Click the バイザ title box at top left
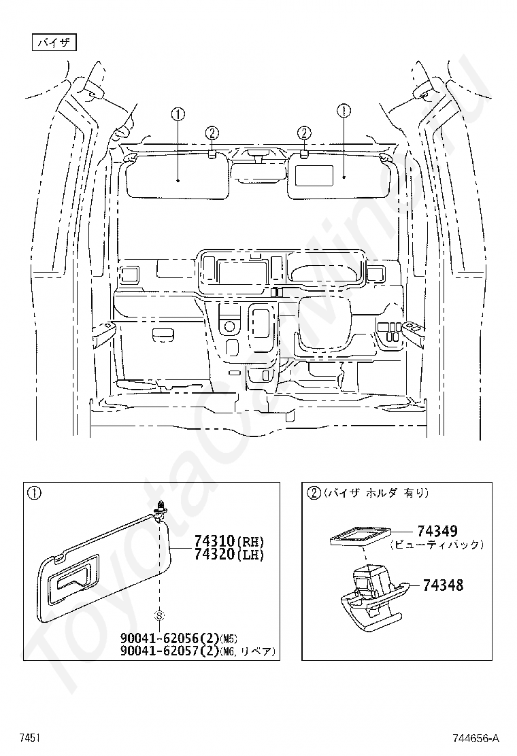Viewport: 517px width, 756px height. tap(54, 42)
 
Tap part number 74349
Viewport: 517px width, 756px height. tap(437, 532)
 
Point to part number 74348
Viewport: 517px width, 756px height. tap(443, 585)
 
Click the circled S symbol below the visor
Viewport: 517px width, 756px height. tap(159, 616)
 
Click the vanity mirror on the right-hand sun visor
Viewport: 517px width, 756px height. tap(314, 175)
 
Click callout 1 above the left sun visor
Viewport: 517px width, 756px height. tap(178, 115)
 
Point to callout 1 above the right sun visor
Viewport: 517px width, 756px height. tap(344, 111)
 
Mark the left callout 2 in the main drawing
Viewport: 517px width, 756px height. tap(212, 133)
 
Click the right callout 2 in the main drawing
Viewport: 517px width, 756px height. tap(304, 133)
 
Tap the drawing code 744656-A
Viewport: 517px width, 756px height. tap(476, 738)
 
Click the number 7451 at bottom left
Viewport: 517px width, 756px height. tap(29, 738)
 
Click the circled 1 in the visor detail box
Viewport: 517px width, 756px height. tap(34, 493)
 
